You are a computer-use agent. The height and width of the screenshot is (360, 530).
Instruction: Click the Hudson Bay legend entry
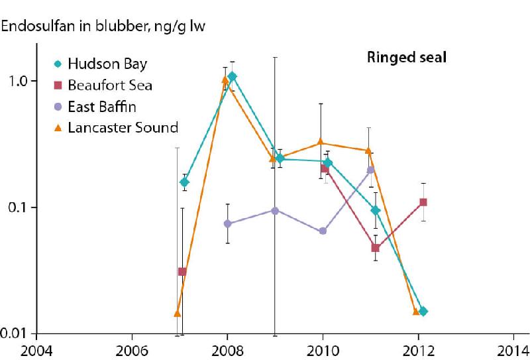point(109,64)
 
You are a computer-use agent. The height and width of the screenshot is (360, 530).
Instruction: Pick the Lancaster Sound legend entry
point(123,127)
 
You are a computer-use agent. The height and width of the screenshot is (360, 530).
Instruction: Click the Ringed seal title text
point(407,58)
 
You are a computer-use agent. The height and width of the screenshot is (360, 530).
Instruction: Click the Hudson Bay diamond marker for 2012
point(423,311)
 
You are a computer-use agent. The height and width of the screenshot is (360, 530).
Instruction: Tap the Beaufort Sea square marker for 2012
point(423,202)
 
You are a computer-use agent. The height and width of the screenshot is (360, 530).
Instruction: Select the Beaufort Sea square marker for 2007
point(182,272)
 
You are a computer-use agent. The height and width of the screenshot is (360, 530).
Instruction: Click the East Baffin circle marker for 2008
point(227,224)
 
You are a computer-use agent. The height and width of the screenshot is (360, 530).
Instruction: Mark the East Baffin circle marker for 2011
point(370,170)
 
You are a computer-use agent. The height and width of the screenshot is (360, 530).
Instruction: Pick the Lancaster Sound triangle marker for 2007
point(177,313)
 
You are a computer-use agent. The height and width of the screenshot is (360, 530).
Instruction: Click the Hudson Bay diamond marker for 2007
point(185,182)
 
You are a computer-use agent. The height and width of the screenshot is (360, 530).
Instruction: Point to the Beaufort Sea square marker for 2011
point(375,248)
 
